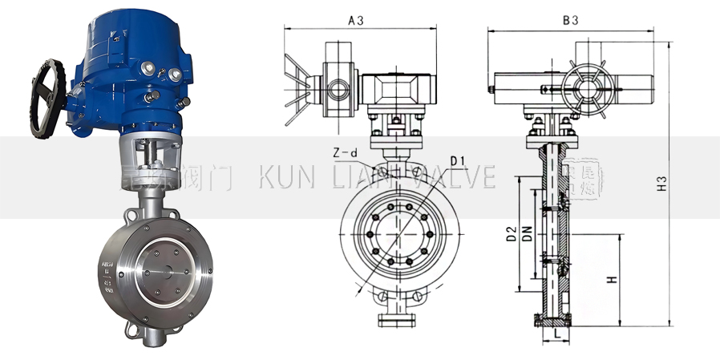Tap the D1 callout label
coord(458,161)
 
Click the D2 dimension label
coord(509,234)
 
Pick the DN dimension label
coord(527,234)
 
